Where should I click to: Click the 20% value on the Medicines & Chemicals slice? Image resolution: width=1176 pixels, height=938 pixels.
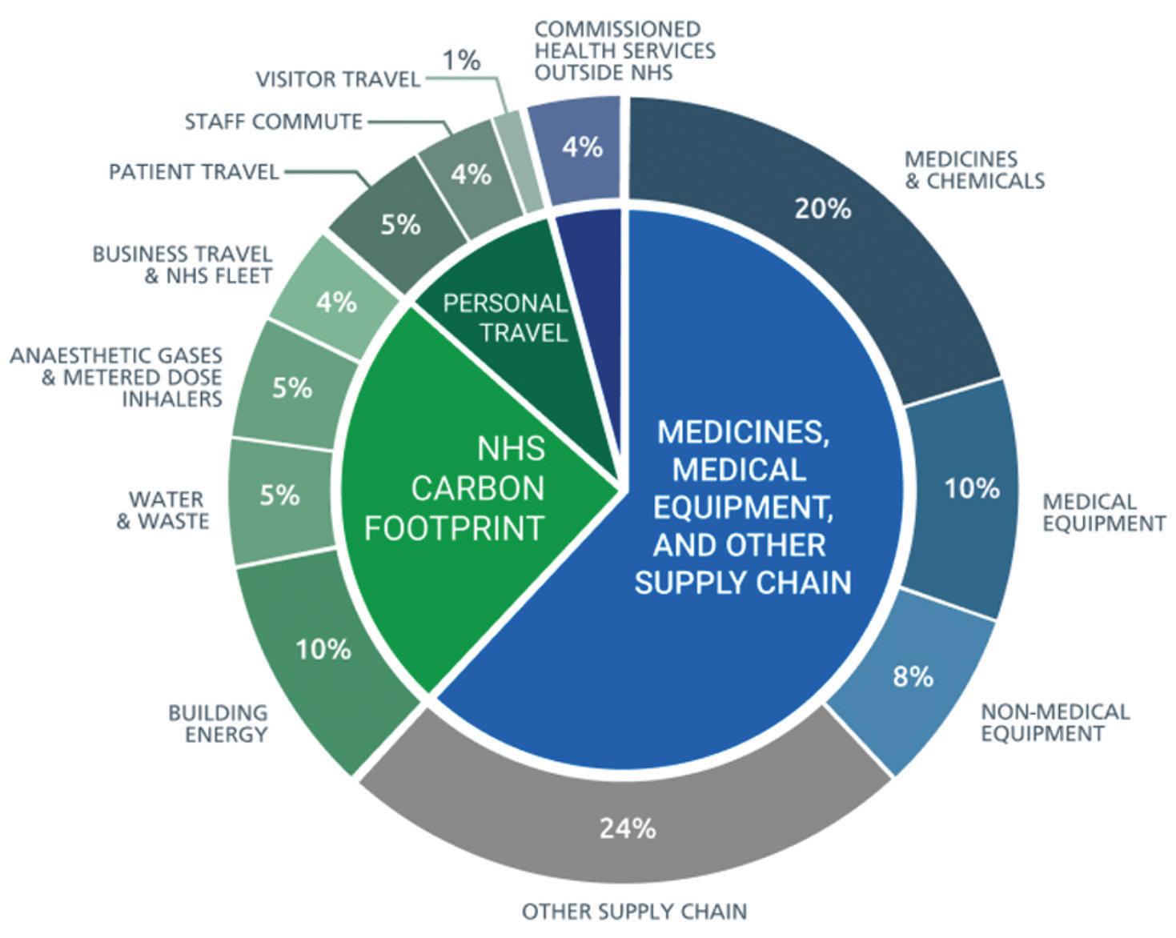(822, 209)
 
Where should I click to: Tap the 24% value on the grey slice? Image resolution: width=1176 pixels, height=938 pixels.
(628, 828)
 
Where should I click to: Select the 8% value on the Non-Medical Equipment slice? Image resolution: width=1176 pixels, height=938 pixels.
(913, 676)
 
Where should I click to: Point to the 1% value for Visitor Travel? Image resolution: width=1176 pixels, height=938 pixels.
(462, 59)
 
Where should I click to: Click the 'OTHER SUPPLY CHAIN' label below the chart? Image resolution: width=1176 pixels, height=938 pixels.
(634, 911)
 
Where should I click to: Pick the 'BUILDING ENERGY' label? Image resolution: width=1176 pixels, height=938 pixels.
(218, 724)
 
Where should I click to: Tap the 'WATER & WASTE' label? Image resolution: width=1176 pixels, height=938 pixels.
(164, 511)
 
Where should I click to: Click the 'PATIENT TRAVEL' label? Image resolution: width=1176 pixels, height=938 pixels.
(194, 171)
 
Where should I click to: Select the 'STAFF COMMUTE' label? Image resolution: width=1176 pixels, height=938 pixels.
(274, 122)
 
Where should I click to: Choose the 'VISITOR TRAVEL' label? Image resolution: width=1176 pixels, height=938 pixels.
(338, 79)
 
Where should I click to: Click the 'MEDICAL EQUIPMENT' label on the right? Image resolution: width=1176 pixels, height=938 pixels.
(1103, 513)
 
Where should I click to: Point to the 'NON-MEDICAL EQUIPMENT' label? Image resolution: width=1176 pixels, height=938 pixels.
(1054, 723)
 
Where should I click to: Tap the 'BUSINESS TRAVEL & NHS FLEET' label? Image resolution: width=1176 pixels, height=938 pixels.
(183, 265)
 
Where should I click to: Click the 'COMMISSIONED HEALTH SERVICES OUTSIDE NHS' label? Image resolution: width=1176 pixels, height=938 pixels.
(624, 50)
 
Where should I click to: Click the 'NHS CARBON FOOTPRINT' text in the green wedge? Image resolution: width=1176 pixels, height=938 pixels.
(456, 488)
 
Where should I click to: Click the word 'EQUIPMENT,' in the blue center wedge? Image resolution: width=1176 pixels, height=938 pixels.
(742, 507)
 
